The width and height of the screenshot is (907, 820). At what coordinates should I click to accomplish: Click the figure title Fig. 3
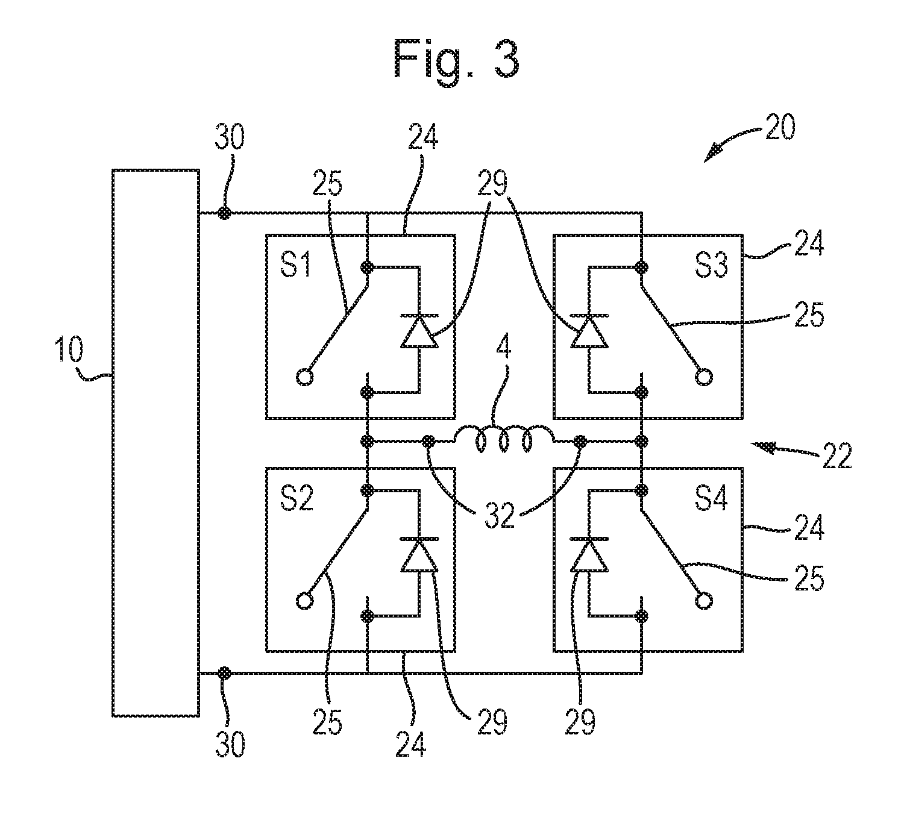coord(456,59)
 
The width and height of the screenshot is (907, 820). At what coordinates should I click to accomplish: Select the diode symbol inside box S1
coord(419,331)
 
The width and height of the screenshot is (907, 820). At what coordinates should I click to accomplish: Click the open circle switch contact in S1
coord(306,378)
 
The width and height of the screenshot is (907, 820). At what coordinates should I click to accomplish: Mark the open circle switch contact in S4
coord(701,601)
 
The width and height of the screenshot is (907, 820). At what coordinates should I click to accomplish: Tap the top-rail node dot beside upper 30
coord(224,213)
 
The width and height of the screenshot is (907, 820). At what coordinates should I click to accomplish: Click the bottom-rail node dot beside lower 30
coord(224,672)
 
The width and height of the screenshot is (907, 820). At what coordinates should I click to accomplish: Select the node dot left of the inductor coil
coord(428,440)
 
